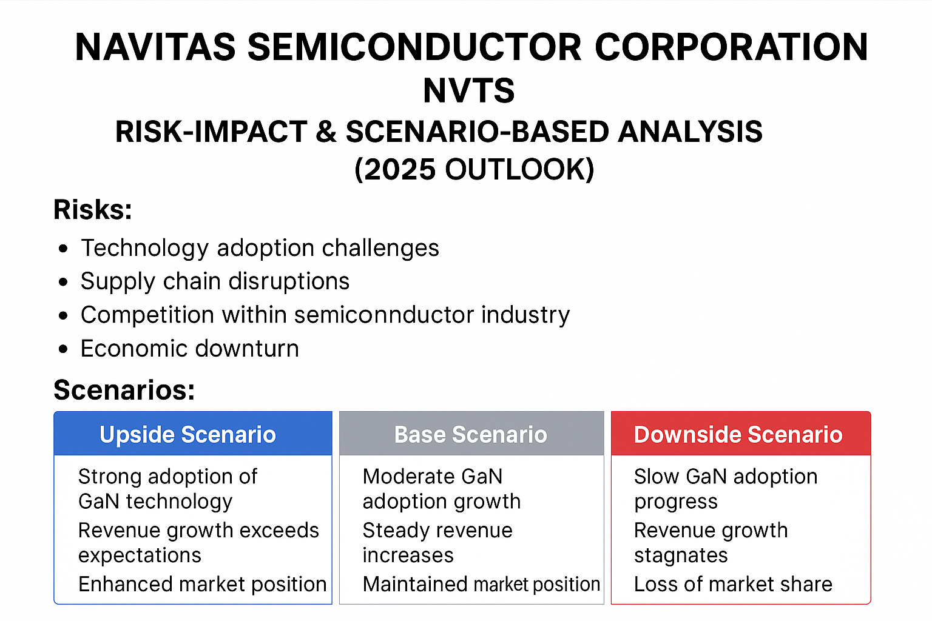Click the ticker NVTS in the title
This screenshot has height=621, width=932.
click(468, 91)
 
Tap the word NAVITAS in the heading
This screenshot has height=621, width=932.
click(155, 47)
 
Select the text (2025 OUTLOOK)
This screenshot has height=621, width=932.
click(474, 169)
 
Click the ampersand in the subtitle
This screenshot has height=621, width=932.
click(326, 132)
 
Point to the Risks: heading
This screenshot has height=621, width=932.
click(93, 210)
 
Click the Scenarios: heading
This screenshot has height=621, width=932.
click(124, 390)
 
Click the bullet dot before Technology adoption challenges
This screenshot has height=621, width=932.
click(64, 249)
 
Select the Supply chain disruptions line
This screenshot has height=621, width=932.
click(215, 281)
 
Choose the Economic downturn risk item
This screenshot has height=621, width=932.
click(189, 349)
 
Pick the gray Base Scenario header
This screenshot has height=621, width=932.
click(471, 434)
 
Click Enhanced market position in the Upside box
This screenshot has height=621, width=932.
click(203, 584)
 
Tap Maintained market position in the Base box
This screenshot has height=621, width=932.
click(481, 584)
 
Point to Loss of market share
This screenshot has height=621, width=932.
click(733, 584)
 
